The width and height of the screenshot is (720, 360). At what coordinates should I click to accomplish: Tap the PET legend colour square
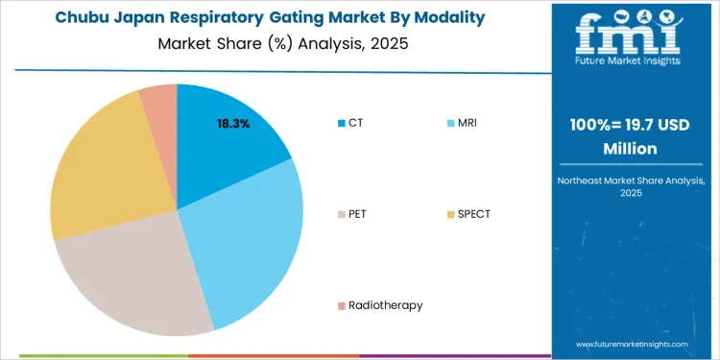click(341, 213)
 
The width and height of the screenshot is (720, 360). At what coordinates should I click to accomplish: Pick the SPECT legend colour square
click(450, 213)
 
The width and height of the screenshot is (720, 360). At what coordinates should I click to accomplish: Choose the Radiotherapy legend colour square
click(341, 305)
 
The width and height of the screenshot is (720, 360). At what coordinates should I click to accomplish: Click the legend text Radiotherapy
click(386, 305)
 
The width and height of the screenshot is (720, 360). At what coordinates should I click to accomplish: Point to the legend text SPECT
click(474, 213)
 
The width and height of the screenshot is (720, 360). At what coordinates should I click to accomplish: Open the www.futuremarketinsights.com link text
click(632, 344)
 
